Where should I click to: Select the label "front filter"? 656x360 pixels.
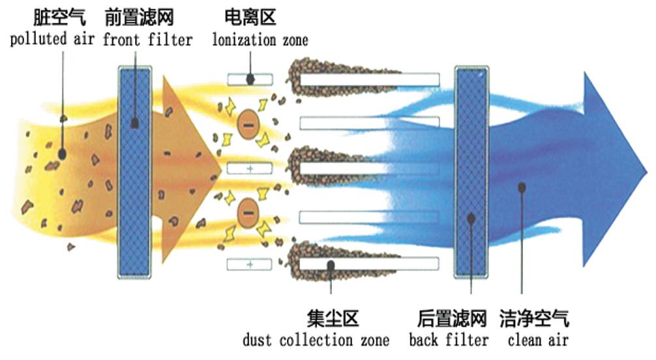tap(147, 39)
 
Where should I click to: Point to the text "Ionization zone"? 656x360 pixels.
tap(260, 39)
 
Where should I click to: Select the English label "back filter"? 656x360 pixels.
tap(449, 340)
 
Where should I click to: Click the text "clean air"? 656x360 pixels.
tap(539, 340)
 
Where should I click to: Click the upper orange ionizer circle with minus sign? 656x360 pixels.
tap(248, 122)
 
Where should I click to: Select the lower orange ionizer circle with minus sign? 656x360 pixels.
tap(248, 213)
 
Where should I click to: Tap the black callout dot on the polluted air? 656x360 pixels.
tap(62, 154)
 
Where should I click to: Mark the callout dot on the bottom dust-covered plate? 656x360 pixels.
tap(331, 265)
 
